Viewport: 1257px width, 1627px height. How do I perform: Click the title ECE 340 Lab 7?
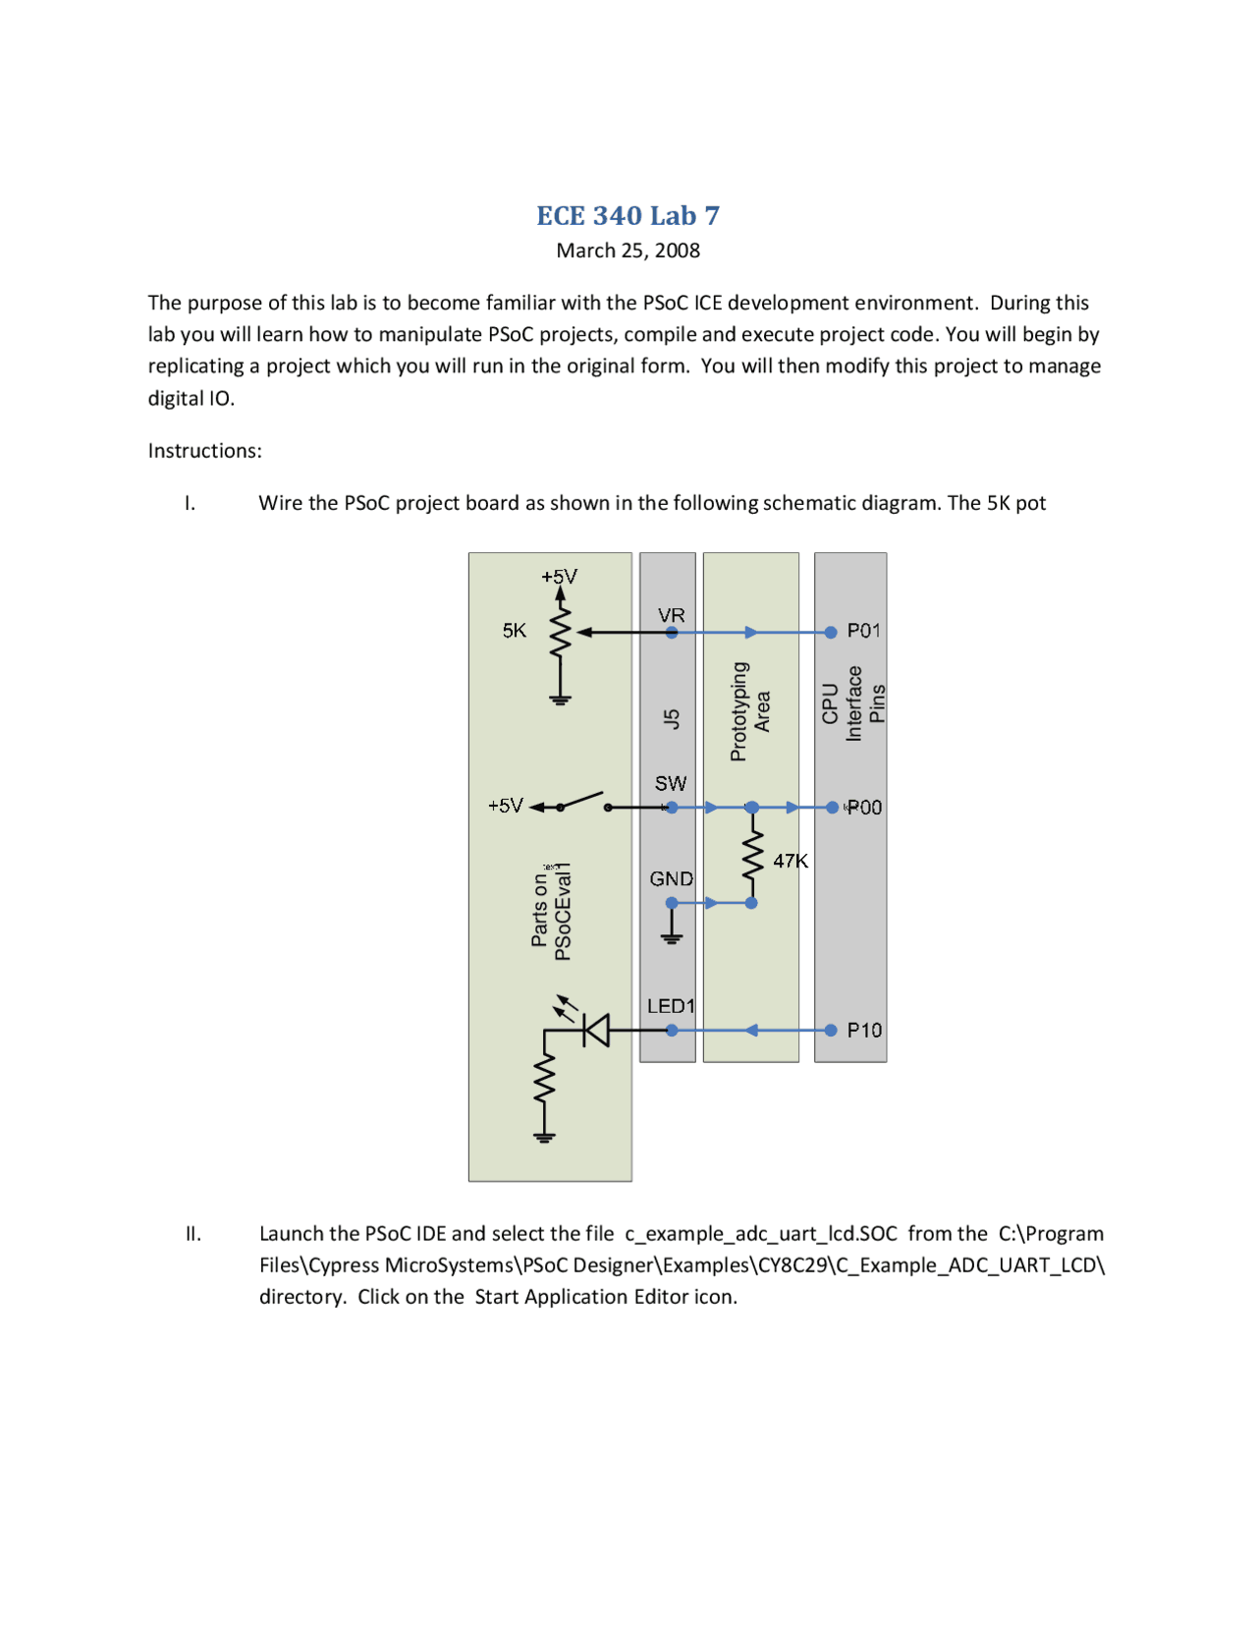628,215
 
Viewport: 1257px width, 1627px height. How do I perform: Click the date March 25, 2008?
628,251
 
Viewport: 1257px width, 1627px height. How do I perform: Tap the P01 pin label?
863,631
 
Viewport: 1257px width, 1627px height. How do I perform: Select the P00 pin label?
864,808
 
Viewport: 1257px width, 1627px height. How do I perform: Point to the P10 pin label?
864,1030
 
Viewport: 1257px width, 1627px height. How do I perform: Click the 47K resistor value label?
791,861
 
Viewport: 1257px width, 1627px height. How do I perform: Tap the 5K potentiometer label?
515,631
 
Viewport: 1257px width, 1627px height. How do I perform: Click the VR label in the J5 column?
671,615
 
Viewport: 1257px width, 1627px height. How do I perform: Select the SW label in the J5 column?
671,783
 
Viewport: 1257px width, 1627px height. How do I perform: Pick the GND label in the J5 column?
671,878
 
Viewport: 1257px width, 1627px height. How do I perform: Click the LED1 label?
671,1006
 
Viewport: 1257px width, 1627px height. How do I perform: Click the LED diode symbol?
595,1030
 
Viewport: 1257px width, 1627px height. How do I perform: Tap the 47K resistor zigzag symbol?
752,855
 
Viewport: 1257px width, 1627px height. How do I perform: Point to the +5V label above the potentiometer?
560,577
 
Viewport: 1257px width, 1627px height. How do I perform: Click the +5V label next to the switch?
506,806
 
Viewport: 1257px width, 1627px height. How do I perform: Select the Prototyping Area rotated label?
750,711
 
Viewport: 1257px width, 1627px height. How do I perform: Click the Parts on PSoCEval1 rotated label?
551,911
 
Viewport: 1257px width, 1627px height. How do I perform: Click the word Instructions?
205,451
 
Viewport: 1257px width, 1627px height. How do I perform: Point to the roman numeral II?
193,1234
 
